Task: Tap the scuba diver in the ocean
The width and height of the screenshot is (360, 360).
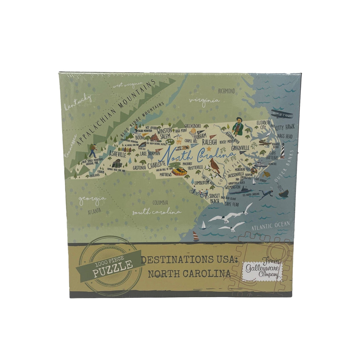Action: tap(266, 194)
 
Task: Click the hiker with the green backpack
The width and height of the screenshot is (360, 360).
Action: tap(93, 151)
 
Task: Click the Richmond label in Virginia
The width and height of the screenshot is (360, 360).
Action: tap(226, 91)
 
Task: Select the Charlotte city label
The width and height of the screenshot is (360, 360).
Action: tap(157, 164)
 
